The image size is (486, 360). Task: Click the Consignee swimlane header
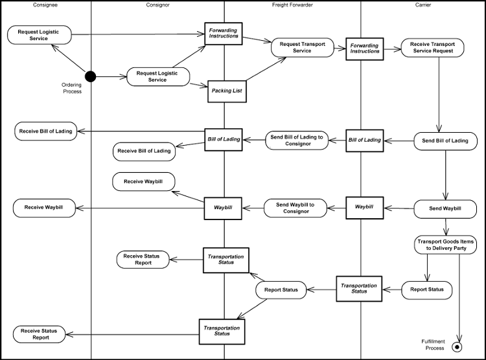click(x=45, y=5)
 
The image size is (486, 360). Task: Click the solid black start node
click(x=91, y=76)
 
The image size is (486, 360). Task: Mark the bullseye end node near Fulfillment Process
click(x=457, y=347)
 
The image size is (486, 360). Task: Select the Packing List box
click(x=226, y=91)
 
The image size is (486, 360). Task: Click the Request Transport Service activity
click(x=303, y=47)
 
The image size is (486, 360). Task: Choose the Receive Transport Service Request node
click(x=434, y=47)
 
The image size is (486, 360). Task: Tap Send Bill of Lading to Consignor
click(x=297, y=140)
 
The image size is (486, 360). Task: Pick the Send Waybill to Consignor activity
click(x=295, y=208)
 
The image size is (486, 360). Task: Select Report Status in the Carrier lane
click(x=427, y=289)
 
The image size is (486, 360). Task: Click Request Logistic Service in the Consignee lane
click(x=40, y=35)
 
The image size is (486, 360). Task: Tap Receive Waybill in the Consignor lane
click(x=144, y=181)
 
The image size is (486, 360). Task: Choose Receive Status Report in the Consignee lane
click(x=39, y=334)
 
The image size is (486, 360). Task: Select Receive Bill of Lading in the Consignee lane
click(x=45, y=131)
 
